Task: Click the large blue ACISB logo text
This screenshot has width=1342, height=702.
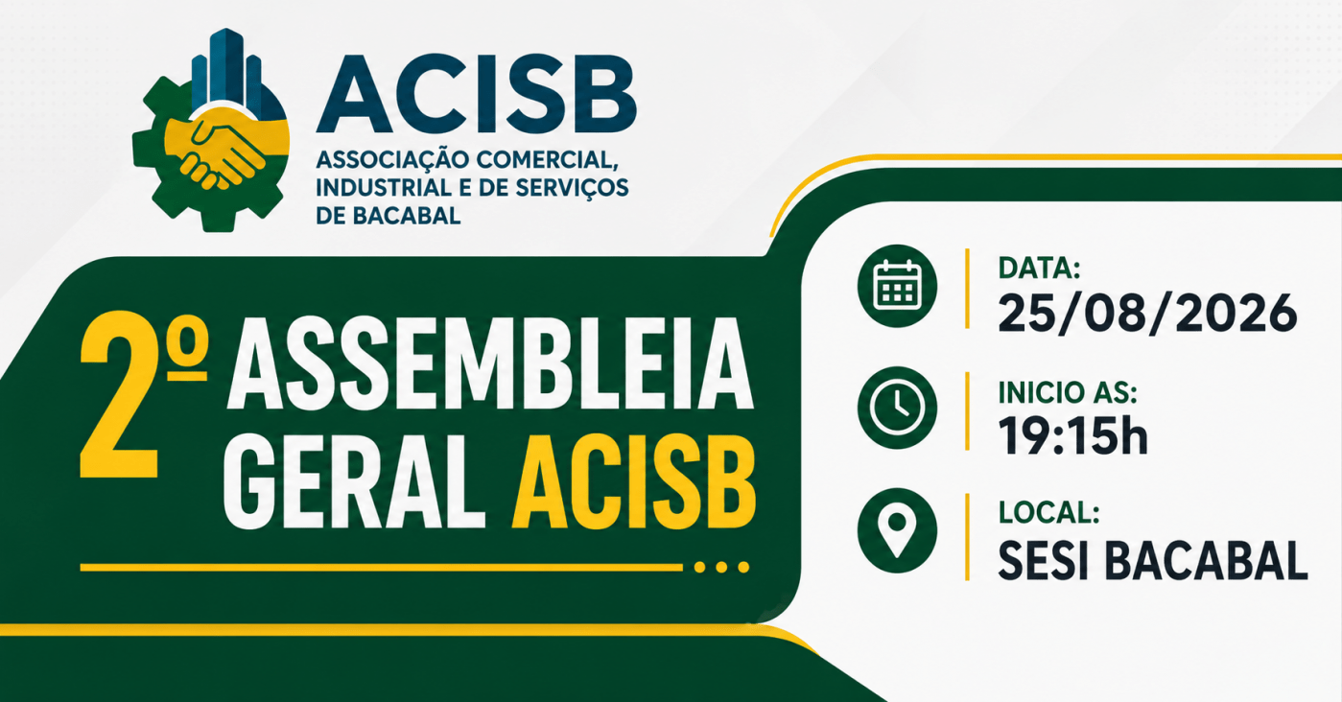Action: (x=477, y=94)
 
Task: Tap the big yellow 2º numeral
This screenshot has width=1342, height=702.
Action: (x=144, y=394)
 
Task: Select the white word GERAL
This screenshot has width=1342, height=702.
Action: (x=354, y=481)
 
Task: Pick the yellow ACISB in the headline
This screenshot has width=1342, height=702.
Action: (x=634, y=481)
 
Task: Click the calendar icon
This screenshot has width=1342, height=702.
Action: (x=897, y=285)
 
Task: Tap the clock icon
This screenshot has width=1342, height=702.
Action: (x=897, y=408)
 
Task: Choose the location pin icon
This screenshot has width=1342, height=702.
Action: (x=897, y=530)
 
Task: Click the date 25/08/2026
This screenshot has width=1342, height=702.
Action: (x=1147, y=313)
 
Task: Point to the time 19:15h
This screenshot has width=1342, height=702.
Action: (x=1073, y=435)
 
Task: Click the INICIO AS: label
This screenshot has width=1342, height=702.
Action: (x=1068, y=392)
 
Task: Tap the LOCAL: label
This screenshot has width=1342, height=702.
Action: (x=1049, y=513)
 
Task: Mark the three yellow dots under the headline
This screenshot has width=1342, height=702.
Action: (x=721, y=567)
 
